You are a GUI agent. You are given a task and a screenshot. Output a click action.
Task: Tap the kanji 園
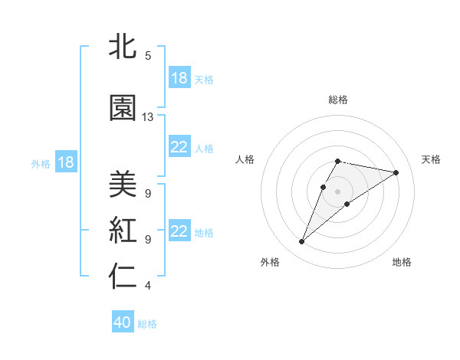[123, 109]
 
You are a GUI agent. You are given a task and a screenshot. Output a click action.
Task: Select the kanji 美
[123, 184]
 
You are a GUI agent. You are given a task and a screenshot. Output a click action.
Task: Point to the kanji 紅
[123, 230]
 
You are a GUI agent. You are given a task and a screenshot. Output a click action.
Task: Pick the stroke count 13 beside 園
[148, 117]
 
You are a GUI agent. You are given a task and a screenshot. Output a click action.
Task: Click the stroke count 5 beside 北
[148, 56]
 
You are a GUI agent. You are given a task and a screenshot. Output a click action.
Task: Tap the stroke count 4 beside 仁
[148, 286]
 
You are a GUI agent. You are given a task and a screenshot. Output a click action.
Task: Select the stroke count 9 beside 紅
[148, 239]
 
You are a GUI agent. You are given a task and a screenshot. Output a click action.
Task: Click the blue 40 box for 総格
[123, 323]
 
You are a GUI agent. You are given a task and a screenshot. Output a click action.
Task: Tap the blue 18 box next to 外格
[65, 162]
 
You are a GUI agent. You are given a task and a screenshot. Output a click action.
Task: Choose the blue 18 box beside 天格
[179, 78]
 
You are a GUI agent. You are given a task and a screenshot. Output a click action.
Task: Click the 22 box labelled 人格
[179, 148]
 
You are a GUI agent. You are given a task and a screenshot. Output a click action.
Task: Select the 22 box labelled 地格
[179, 231]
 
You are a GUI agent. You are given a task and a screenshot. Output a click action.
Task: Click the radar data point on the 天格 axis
[396, 173]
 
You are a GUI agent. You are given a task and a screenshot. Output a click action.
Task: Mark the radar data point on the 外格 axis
[302, 242]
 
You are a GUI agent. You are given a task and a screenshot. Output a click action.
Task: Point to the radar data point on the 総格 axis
[337, 161]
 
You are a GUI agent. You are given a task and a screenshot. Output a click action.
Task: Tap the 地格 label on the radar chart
[402, 262]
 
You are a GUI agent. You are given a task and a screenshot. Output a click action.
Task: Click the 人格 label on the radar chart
[245, 159]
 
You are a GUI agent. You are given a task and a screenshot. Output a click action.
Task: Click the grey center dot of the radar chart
[337, 191]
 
